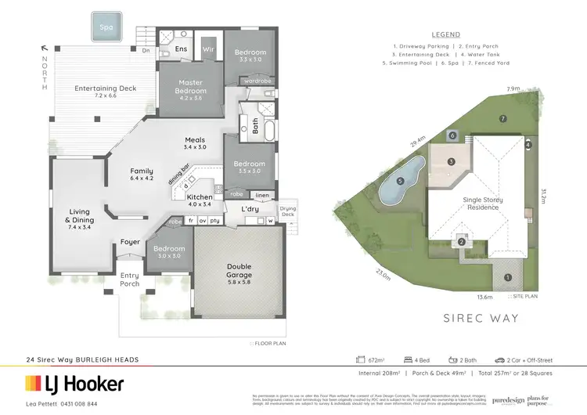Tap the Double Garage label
(239, 272)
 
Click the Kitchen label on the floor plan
(199, 200)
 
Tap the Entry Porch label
(129, 280)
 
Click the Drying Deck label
(288, 211)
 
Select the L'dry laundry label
(250, 209)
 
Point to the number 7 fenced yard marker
(503, 118)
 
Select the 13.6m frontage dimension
(485, 298)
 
